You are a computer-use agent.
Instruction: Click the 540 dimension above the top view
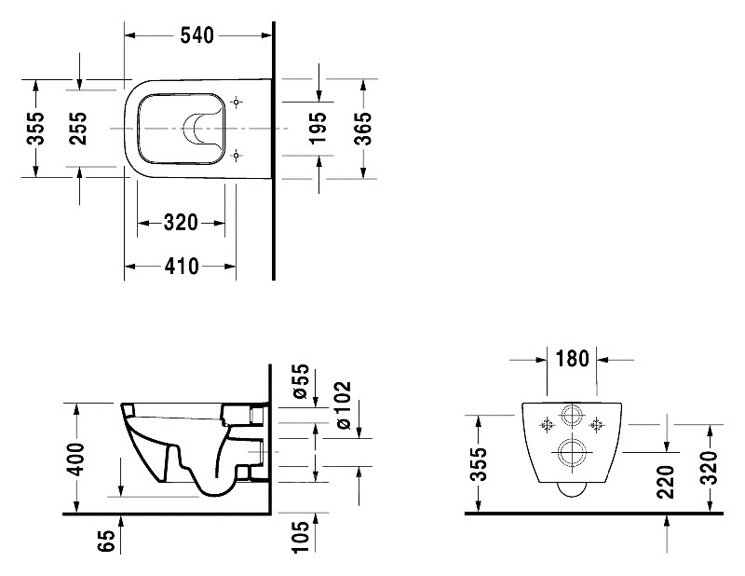197,35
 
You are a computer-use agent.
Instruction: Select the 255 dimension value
77,129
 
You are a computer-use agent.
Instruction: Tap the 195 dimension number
318,128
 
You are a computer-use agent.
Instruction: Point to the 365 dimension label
363,129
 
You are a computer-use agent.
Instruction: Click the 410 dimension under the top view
182,267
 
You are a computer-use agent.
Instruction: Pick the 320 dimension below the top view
181,222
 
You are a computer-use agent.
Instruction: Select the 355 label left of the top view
35,129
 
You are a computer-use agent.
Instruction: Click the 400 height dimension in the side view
75,459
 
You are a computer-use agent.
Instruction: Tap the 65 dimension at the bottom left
108,540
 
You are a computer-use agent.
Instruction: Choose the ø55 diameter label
301,381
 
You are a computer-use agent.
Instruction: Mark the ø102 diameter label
342,405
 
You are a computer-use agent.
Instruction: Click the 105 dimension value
301,537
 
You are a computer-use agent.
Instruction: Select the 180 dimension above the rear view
572,359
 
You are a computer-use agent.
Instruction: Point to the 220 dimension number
666,482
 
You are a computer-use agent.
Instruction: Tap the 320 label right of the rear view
709,467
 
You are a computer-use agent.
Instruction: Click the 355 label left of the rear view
480,464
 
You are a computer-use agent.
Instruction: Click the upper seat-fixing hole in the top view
237,103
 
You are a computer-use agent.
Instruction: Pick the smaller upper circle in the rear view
572,416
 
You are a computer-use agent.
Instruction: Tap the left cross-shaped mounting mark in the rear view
547,424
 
